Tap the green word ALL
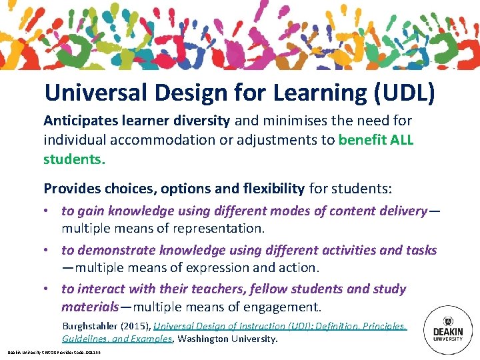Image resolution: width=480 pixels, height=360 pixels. [399, 141]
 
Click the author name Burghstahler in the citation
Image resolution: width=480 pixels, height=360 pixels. [93, 326]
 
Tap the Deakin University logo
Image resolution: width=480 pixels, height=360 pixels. [448, 325]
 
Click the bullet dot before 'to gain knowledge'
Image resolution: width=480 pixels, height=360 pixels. [50, 211]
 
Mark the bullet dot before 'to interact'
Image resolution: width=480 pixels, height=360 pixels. [50, 289]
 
